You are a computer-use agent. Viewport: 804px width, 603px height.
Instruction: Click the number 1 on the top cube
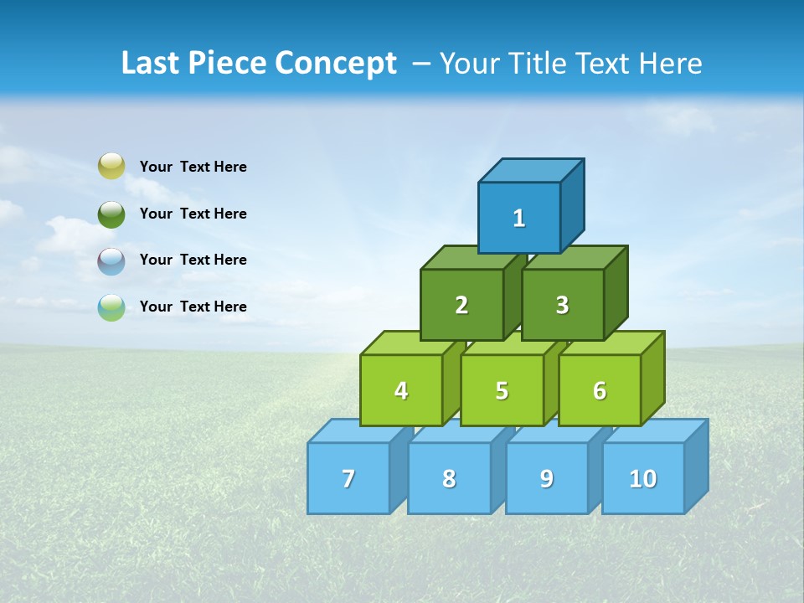point(519,219)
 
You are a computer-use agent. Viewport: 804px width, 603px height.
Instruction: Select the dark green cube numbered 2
point(461,305)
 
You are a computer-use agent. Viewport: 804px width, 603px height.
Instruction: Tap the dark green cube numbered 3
point(562,305)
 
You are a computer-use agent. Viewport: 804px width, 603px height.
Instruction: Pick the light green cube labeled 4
point(401,390)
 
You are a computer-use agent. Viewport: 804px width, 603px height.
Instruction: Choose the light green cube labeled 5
point(502,390)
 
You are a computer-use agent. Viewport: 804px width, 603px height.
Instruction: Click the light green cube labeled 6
point(600,390)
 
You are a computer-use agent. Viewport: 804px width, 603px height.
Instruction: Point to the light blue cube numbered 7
point(348,478)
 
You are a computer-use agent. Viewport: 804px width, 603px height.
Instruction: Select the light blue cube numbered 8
point(449,478)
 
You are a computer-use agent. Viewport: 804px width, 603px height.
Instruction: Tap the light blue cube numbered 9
point(547,478)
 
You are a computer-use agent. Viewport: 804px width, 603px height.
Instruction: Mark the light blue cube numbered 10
point(643,478)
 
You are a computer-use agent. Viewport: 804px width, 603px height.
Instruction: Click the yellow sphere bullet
point(111,166)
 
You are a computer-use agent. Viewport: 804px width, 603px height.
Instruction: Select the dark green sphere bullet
point(111,214)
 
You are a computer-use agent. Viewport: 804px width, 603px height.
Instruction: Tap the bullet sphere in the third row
point(111,260)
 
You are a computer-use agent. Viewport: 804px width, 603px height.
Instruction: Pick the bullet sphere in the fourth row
point(111,307)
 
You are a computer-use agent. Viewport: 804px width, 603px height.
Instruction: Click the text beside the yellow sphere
point(193,167)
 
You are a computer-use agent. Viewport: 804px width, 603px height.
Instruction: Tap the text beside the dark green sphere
point(193,214)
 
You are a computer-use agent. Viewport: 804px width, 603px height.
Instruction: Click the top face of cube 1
point(531,170)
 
